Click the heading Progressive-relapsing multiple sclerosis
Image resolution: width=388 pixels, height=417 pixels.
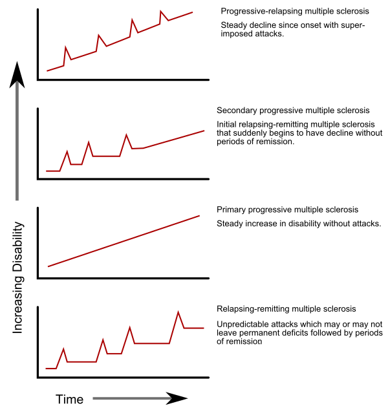(295, 12)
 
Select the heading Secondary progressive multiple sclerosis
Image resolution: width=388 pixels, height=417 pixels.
(293, 111)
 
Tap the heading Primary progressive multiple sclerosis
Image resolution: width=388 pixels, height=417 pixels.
(287, 210)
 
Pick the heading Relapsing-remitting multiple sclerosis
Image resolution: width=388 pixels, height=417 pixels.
(286, 309)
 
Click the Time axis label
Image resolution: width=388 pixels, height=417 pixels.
(69, 399)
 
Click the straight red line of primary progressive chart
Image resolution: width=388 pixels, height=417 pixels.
(123, 241)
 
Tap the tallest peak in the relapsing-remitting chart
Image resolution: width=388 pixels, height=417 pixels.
(178, 312)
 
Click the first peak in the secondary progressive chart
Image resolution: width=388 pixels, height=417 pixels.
(67, 151)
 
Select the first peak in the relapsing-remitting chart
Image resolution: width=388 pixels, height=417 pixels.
(63, 349)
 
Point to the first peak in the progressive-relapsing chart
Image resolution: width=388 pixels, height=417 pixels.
(66, 47)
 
